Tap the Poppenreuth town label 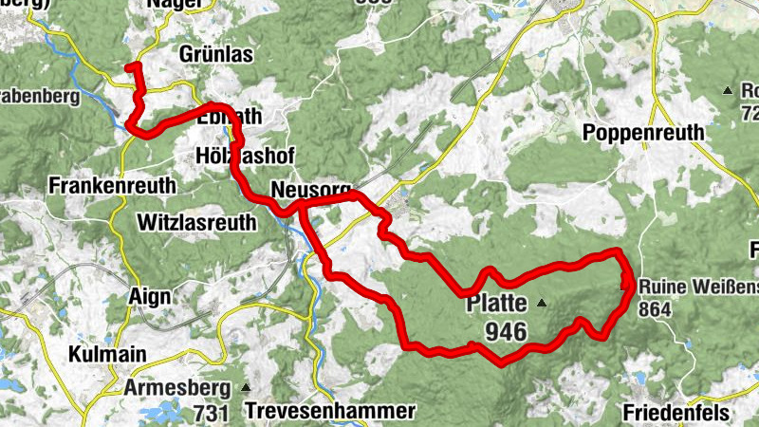pyautogui.click(x=644, y=132)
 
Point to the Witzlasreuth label pyautogui.click(x=196, y=223)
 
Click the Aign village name pyautogui.click(x=150, y=297)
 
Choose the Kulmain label pyautogui.click(x=108, y=354)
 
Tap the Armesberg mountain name pyautogui.click(x=176, y=388)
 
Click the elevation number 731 pyautogui.click(x=210, y=413)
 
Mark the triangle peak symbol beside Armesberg pyautogui.click(x=246, y=387)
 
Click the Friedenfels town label pyautogui.click(x=676, y=413)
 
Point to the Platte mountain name pyautogui.click(x=496, y=306)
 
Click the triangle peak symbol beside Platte pyautogui.click(x=541, y=305)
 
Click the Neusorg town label pyautogui.click(x=310, y=189)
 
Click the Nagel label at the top pyautogui.click(x=175, y=4)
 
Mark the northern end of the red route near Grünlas pyautogui.click(x=132, y=65)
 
